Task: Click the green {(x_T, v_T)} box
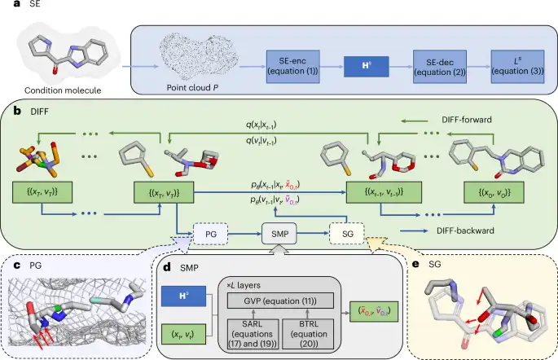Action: click(41, 192)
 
